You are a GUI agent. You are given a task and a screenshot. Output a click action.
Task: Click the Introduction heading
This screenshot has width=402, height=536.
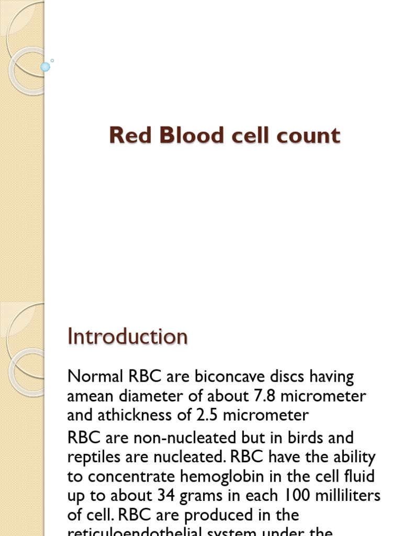tap(127, 336)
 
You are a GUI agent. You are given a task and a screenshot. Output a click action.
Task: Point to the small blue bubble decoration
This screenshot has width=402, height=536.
tap(46, 66)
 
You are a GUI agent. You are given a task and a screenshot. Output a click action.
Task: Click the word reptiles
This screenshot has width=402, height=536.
tap(95, 457)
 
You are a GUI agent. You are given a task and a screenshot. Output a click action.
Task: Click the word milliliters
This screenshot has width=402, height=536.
tap(349, 496)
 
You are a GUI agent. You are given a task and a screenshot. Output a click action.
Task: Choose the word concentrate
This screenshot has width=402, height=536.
tap(137, 476)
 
